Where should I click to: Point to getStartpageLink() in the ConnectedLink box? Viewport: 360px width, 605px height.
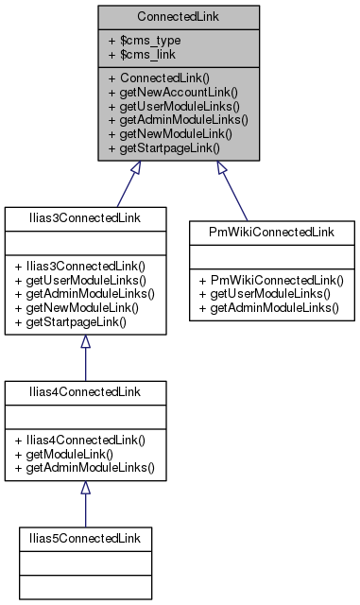point(169,147)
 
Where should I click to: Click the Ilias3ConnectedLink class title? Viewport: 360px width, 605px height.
point(85,217)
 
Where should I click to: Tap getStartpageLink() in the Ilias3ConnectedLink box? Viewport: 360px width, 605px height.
point(80,321)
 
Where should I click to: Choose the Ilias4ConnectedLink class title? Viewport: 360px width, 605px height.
point(85,390)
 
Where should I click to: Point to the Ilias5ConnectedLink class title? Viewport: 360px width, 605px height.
point(85,538)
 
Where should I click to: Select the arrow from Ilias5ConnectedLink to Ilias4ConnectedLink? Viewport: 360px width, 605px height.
point(85,506)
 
